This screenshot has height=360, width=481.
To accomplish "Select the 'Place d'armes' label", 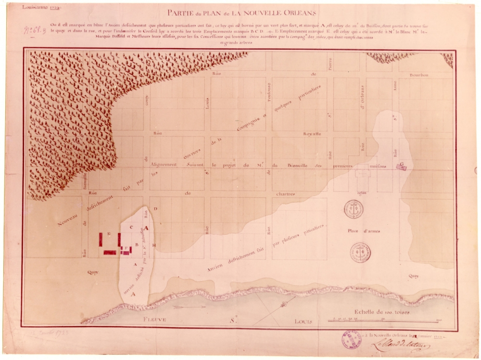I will [363, 231].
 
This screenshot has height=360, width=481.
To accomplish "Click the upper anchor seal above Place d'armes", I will [354, 209].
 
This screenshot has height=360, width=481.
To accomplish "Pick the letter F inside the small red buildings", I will [126, 249].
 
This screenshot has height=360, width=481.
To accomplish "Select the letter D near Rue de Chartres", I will [155, 209].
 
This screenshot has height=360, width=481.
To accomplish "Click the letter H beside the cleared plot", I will [153, 245].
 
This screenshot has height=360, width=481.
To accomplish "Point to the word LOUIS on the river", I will [304, 321].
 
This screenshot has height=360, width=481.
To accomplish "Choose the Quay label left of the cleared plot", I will [93, 272].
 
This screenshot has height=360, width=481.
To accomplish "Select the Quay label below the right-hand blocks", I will [413, 276].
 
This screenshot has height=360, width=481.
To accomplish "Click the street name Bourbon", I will [419, 75].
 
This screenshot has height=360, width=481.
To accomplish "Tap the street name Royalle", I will [312, 133].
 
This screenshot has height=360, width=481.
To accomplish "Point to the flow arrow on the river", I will [183, 306].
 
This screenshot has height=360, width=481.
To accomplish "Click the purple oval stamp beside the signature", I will [352, 339].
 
